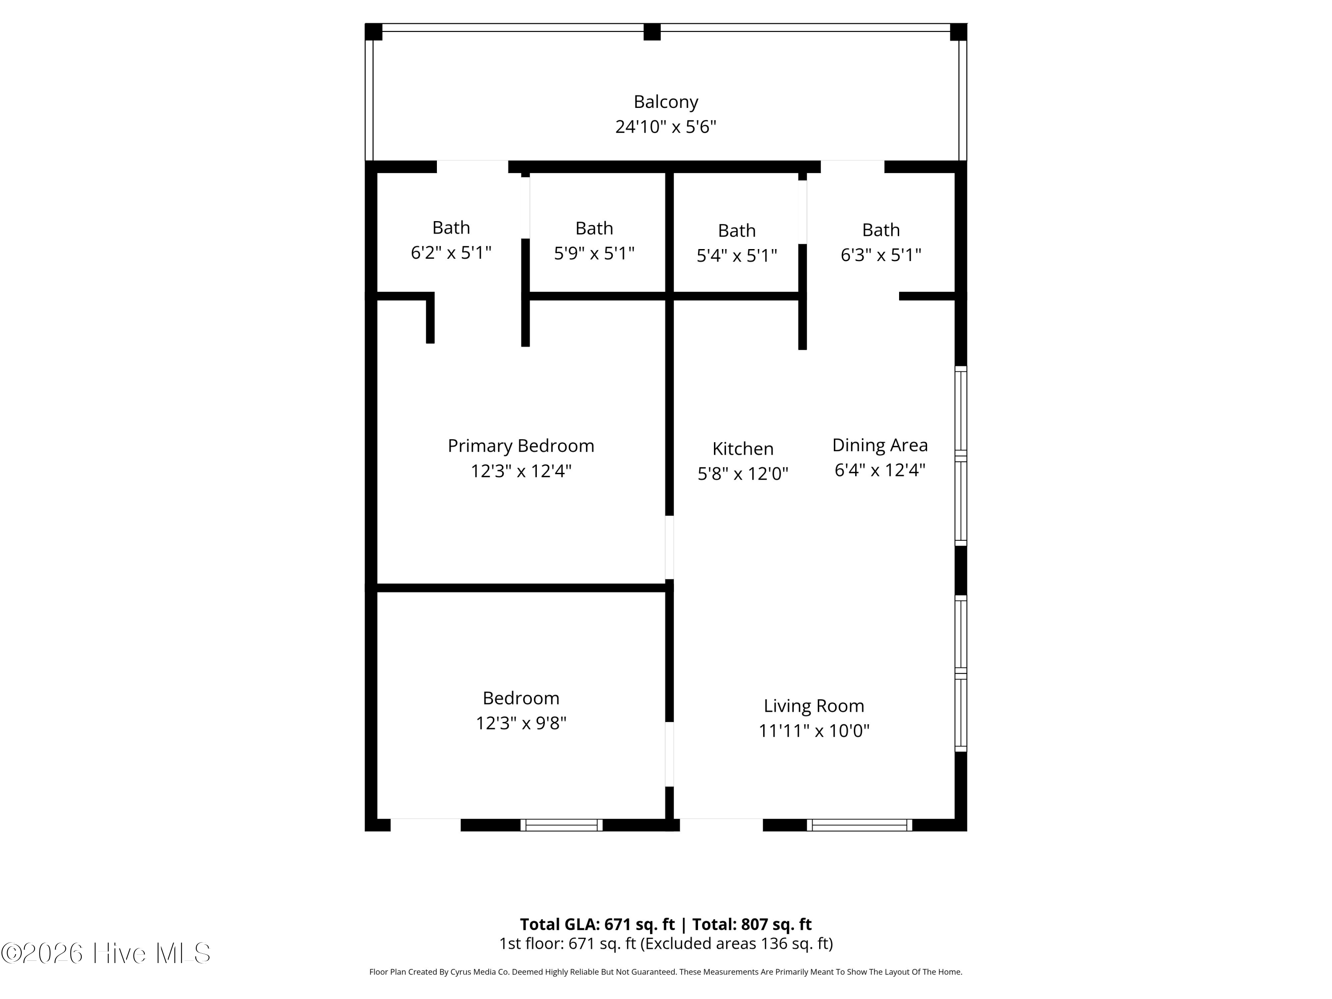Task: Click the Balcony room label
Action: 666,102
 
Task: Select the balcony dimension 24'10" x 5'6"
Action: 666,127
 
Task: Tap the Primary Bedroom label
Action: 521,446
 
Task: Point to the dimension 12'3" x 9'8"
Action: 521,722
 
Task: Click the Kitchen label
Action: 742,448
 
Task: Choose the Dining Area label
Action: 880,445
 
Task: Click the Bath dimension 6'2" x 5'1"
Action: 451,253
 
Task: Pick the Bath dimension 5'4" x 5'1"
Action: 737,256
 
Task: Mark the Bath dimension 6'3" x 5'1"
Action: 880,255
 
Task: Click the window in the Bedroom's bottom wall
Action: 561,825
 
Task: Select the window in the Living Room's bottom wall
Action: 859,825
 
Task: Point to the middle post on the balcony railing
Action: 651,32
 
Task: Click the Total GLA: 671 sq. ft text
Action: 597,924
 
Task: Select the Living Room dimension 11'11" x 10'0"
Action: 813,730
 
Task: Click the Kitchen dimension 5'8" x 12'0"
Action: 742,474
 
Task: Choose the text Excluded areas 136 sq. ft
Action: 736,943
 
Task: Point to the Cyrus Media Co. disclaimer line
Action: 666,972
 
